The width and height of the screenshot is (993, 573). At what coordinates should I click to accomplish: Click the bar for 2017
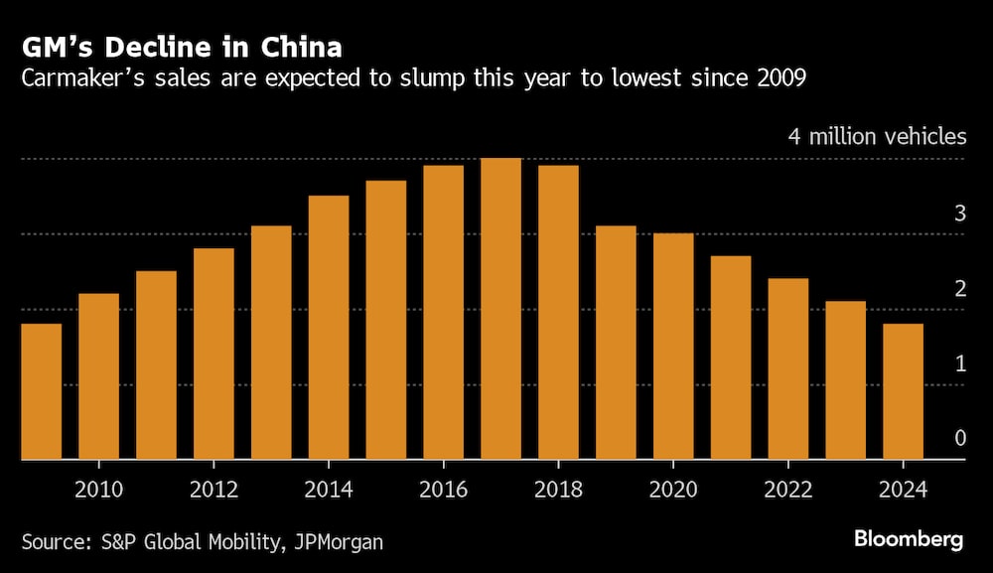[500, 309]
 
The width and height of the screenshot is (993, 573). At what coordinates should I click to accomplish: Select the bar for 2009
[41, 391]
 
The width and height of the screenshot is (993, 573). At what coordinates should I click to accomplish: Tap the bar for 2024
[903, 391]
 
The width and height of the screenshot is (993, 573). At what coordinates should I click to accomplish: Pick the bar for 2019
[616, 343]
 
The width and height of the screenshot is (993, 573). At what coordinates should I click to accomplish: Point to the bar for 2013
[271, 343]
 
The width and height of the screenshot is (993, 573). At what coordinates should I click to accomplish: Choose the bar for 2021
[731, 358]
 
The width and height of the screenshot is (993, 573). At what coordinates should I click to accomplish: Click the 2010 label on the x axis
[98, 489]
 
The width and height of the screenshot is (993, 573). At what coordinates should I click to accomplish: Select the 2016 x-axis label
[443, 489]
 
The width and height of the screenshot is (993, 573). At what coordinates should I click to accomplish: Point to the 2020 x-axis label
[673, 489]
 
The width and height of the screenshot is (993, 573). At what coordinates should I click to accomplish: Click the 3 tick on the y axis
[959, 214]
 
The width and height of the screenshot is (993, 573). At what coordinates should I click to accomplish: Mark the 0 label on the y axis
[959, 439]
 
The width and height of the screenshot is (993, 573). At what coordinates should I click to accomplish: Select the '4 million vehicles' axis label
[877, 136]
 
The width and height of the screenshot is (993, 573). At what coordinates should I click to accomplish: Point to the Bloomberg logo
[909, 539]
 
